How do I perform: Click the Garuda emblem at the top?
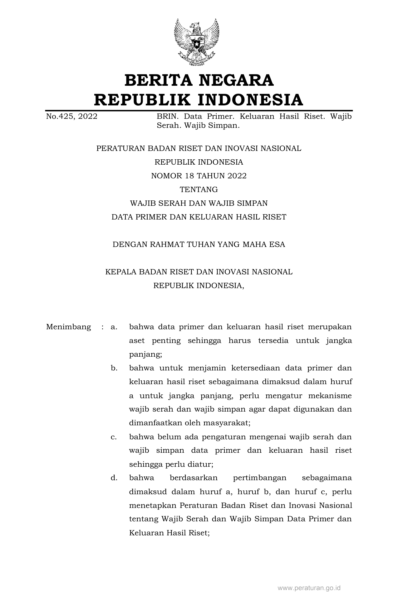(x=196, y=42)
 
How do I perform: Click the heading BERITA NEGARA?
(x=199, y=80)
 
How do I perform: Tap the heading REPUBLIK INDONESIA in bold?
(x=199, y=100)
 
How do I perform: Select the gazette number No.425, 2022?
(x=71, y=117)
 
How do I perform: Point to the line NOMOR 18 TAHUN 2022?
(x=199, y=176)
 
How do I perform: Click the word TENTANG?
(x=199, y=190)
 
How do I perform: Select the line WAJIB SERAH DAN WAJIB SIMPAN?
(x=199, y=203)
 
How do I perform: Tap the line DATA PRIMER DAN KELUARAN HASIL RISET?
(x=199, y=217)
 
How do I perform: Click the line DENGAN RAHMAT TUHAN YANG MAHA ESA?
(x=199, y=244)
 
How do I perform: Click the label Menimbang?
(x=68, y=327)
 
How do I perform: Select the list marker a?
(x=114, y=327)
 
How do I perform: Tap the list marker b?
(x=114, y=368)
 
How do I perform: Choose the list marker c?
(x=114, y=437)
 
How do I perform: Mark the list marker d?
(x=114, y=478)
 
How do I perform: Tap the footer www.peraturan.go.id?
(x=309, y=588)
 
